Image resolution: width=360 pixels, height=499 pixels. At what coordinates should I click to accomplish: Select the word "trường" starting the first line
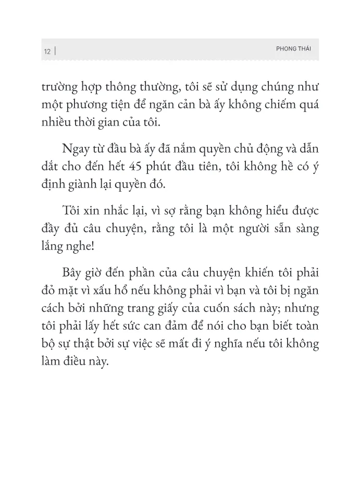(57, 87)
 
